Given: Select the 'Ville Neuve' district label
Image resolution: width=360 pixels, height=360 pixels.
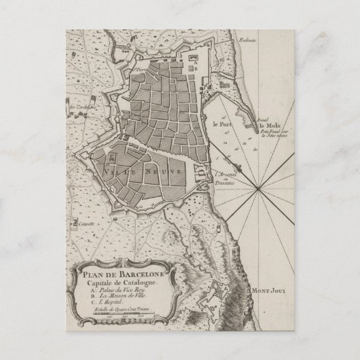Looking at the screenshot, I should point(144,173).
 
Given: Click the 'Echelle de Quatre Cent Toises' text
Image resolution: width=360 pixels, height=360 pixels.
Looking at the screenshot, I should point(122,309).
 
